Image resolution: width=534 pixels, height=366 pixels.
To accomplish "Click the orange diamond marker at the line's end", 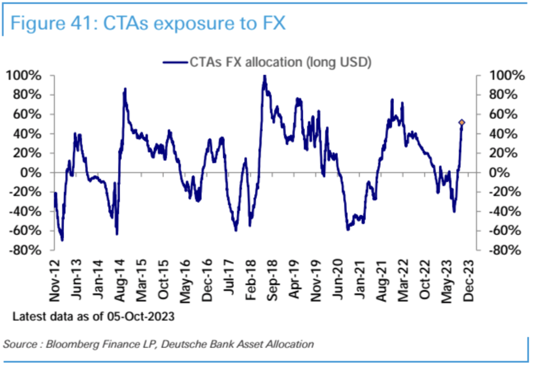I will click(x=462, y=123).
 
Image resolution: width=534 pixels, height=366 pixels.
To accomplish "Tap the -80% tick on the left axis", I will click(x=29, y=250).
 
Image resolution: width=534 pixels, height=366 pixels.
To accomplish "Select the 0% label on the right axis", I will click(x=499, y=173).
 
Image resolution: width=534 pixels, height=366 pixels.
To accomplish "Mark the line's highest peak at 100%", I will click(x=264, y=77).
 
